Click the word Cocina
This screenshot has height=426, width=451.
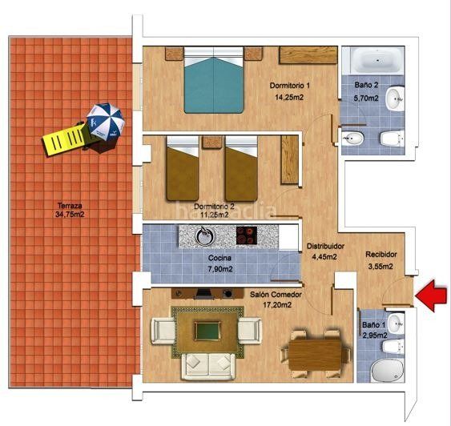pos(219,258)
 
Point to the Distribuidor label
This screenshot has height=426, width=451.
pos(326,246)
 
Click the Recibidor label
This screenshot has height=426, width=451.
pos(381,255)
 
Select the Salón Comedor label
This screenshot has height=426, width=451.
pos(275,295)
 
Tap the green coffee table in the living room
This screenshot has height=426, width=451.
pos(207,331)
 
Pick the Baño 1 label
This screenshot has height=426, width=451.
pos(374,325)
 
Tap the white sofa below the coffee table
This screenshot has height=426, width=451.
pos(207,364)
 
